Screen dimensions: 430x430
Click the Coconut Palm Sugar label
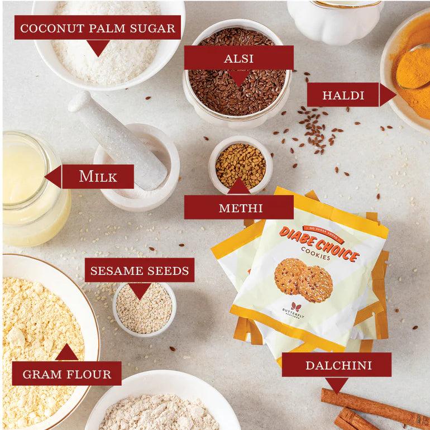click(x=98, y=28)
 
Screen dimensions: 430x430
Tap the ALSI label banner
click(x=239, y=58)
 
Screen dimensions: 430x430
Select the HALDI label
click(x=343, y=95)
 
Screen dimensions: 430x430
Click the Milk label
click(x=98, y=176)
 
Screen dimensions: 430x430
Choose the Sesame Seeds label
click(x=140, y=270)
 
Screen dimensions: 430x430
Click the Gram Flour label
click(x=66, y=373)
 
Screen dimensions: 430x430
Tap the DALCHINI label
click(x=338, y=365)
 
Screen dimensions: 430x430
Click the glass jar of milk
click(x=31, y=190)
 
